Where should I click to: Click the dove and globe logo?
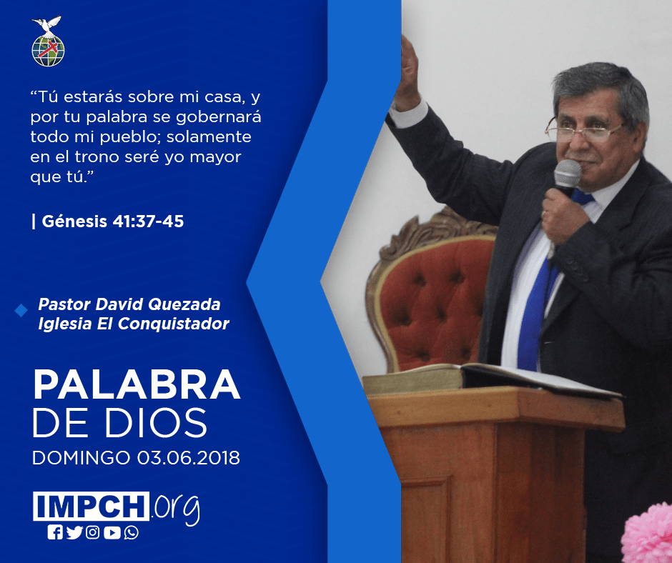(48, 41)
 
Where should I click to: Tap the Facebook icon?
(55, 532)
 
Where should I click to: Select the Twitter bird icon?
(74, 532)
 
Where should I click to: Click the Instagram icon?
(92, 532)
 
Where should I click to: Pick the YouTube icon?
(112, 532)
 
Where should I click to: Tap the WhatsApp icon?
(131, 532)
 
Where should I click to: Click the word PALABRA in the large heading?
(137, 385)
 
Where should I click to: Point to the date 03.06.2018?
(189, 457)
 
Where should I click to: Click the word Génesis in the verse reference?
(74, 221)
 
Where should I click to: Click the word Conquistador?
(173, 324)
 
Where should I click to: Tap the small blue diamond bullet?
(21, 311)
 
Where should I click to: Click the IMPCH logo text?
(91, 506)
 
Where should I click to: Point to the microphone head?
(567, 174)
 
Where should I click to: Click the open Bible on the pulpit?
(488, 379)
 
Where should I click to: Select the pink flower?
(648, 534)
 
